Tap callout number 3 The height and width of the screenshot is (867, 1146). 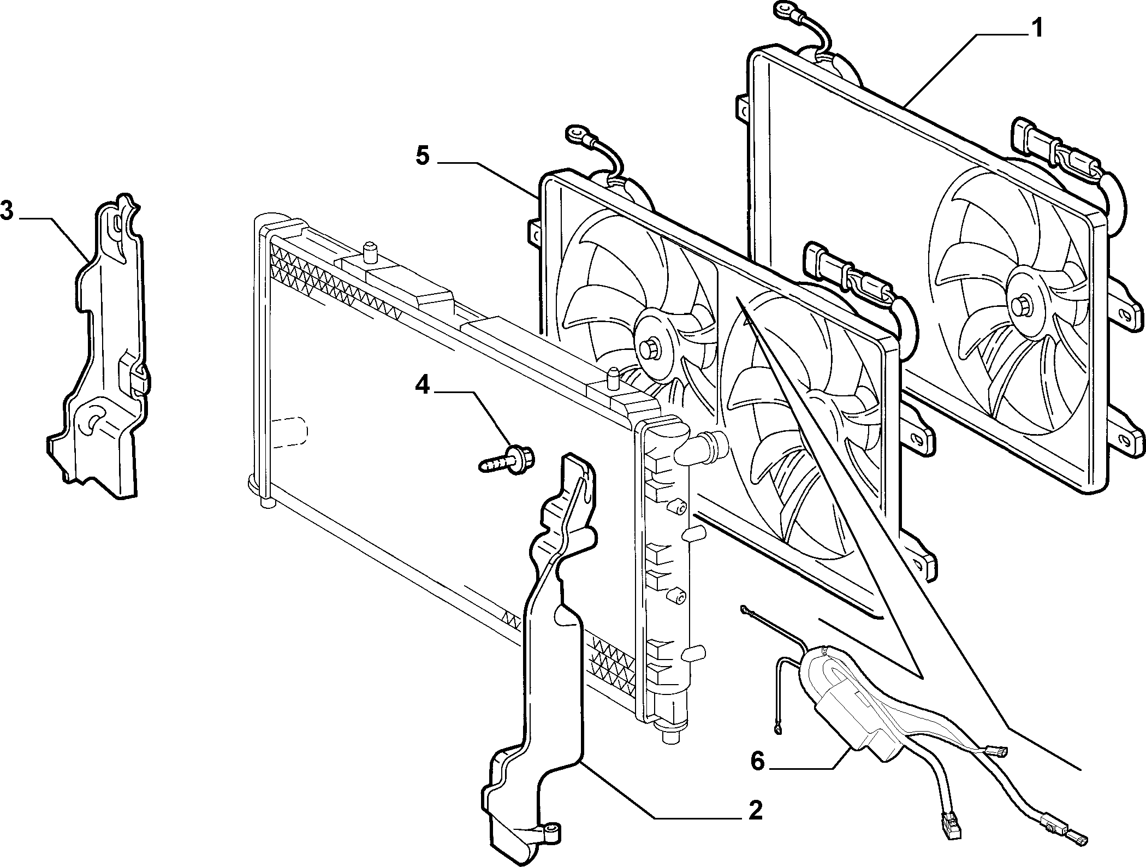7,211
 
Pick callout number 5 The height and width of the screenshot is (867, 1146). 423,156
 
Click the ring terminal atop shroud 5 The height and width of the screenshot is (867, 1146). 576,132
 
